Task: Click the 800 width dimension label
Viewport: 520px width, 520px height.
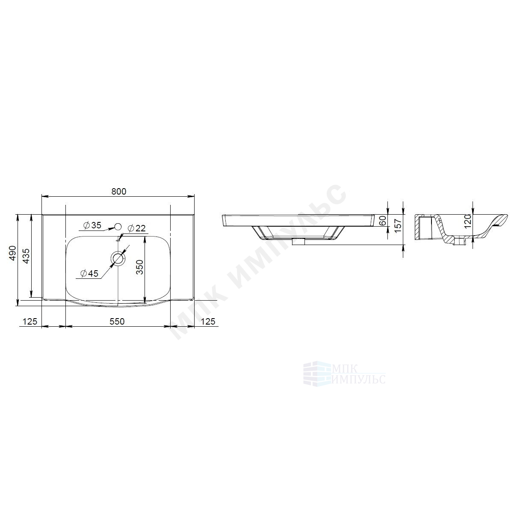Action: (119, 191)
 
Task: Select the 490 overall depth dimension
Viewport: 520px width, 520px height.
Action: (12, 253)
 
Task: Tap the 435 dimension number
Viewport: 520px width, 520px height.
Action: (26, 256)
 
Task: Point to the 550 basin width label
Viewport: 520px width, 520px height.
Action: (117, 321)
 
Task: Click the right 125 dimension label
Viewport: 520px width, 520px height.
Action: (208, 321)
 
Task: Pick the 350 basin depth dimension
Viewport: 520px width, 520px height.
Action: (139, 267)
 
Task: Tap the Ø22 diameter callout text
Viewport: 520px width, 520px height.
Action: (136, 228)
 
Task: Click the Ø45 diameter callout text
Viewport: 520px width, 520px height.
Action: (89, 273)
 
